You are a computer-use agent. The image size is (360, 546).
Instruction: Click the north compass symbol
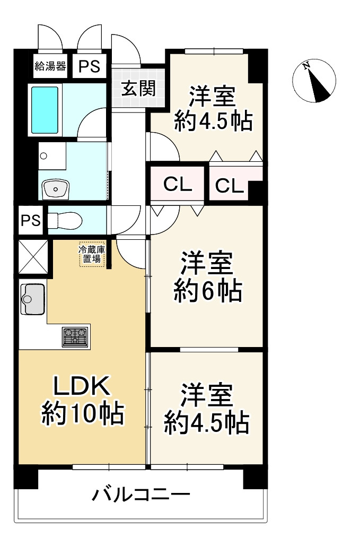[314, 81]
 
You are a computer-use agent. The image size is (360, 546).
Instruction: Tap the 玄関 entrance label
[138, 88]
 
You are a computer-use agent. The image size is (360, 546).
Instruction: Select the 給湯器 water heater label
[50, 66]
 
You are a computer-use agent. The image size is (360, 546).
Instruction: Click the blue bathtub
[45, 109]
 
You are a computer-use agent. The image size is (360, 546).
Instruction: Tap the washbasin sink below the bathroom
[56, 188]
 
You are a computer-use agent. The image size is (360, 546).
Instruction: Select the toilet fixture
[64, 220]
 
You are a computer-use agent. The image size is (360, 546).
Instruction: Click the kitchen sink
[33, 299]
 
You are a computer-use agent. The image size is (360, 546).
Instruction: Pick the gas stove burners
[75, 336]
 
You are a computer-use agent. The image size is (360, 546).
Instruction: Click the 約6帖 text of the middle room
[208, 291]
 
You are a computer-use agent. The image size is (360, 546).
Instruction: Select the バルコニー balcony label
[142, 496]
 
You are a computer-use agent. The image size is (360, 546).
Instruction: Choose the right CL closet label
[229, 186]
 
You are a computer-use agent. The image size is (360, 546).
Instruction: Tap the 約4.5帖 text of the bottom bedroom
[206, 422]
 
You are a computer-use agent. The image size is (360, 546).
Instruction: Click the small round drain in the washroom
[44, 156]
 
